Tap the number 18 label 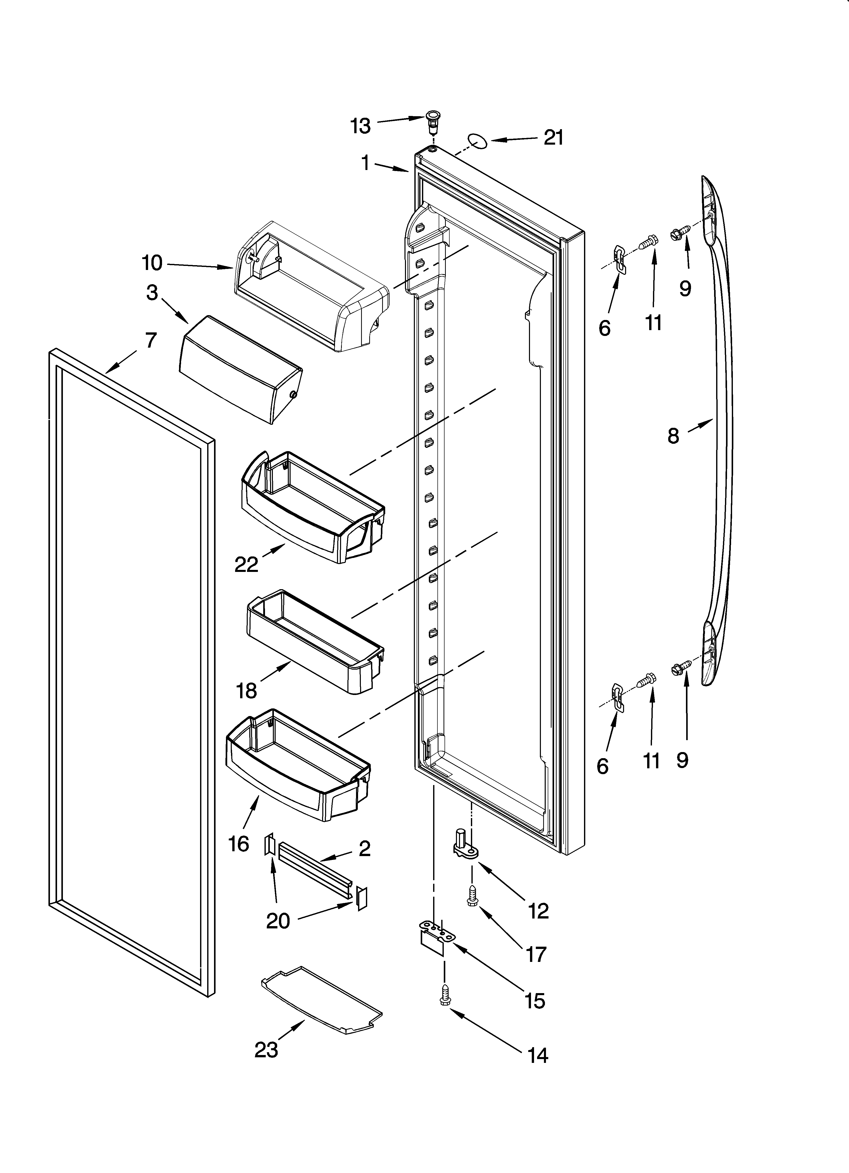pos(247,690)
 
